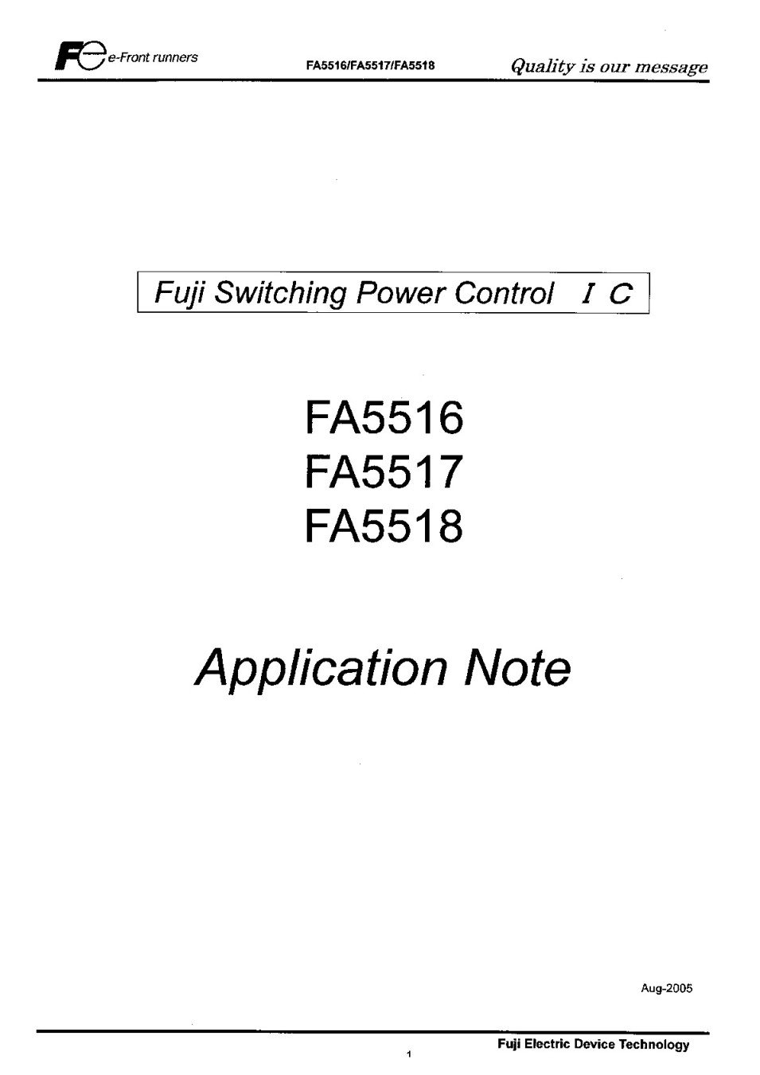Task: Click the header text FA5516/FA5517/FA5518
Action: point(370,65)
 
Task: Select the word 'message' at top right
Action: point(672,67)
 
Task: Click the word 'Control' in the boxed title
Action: point(505,292)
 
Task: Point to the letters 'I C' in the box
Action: point(606,293)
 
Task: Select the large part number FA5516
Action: point(384,418)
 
